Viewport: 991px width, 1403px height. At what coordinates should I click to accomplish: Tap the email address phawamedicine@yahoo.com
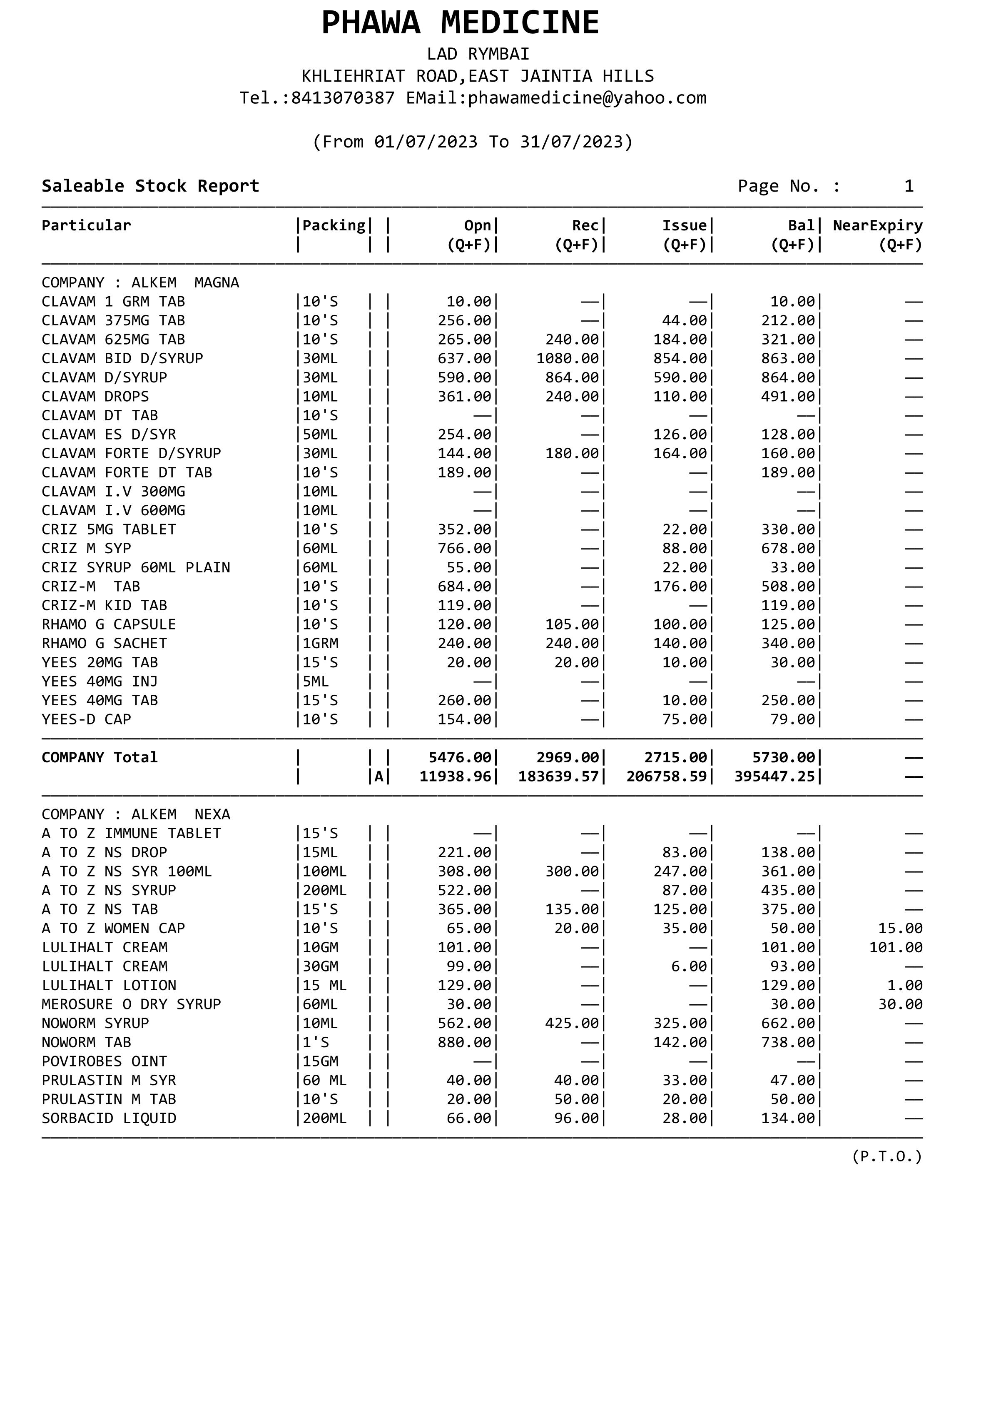(x=587, y=98)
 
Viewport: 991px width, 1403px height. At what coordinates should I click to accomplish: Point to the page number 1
(x=909, y=186)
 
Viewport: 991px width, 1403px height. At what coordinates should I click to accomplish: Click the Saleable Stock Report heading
(x=150, y=186)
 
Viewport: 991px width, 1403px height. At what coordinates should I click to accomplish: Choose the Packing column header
(x=334, y=225)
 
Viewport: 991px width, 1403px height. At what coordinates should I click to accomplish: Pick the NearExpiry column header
(x=877, y=225)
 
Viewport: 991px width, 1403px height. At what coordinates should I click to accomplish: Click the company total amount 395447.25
(x=775, y=776)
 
